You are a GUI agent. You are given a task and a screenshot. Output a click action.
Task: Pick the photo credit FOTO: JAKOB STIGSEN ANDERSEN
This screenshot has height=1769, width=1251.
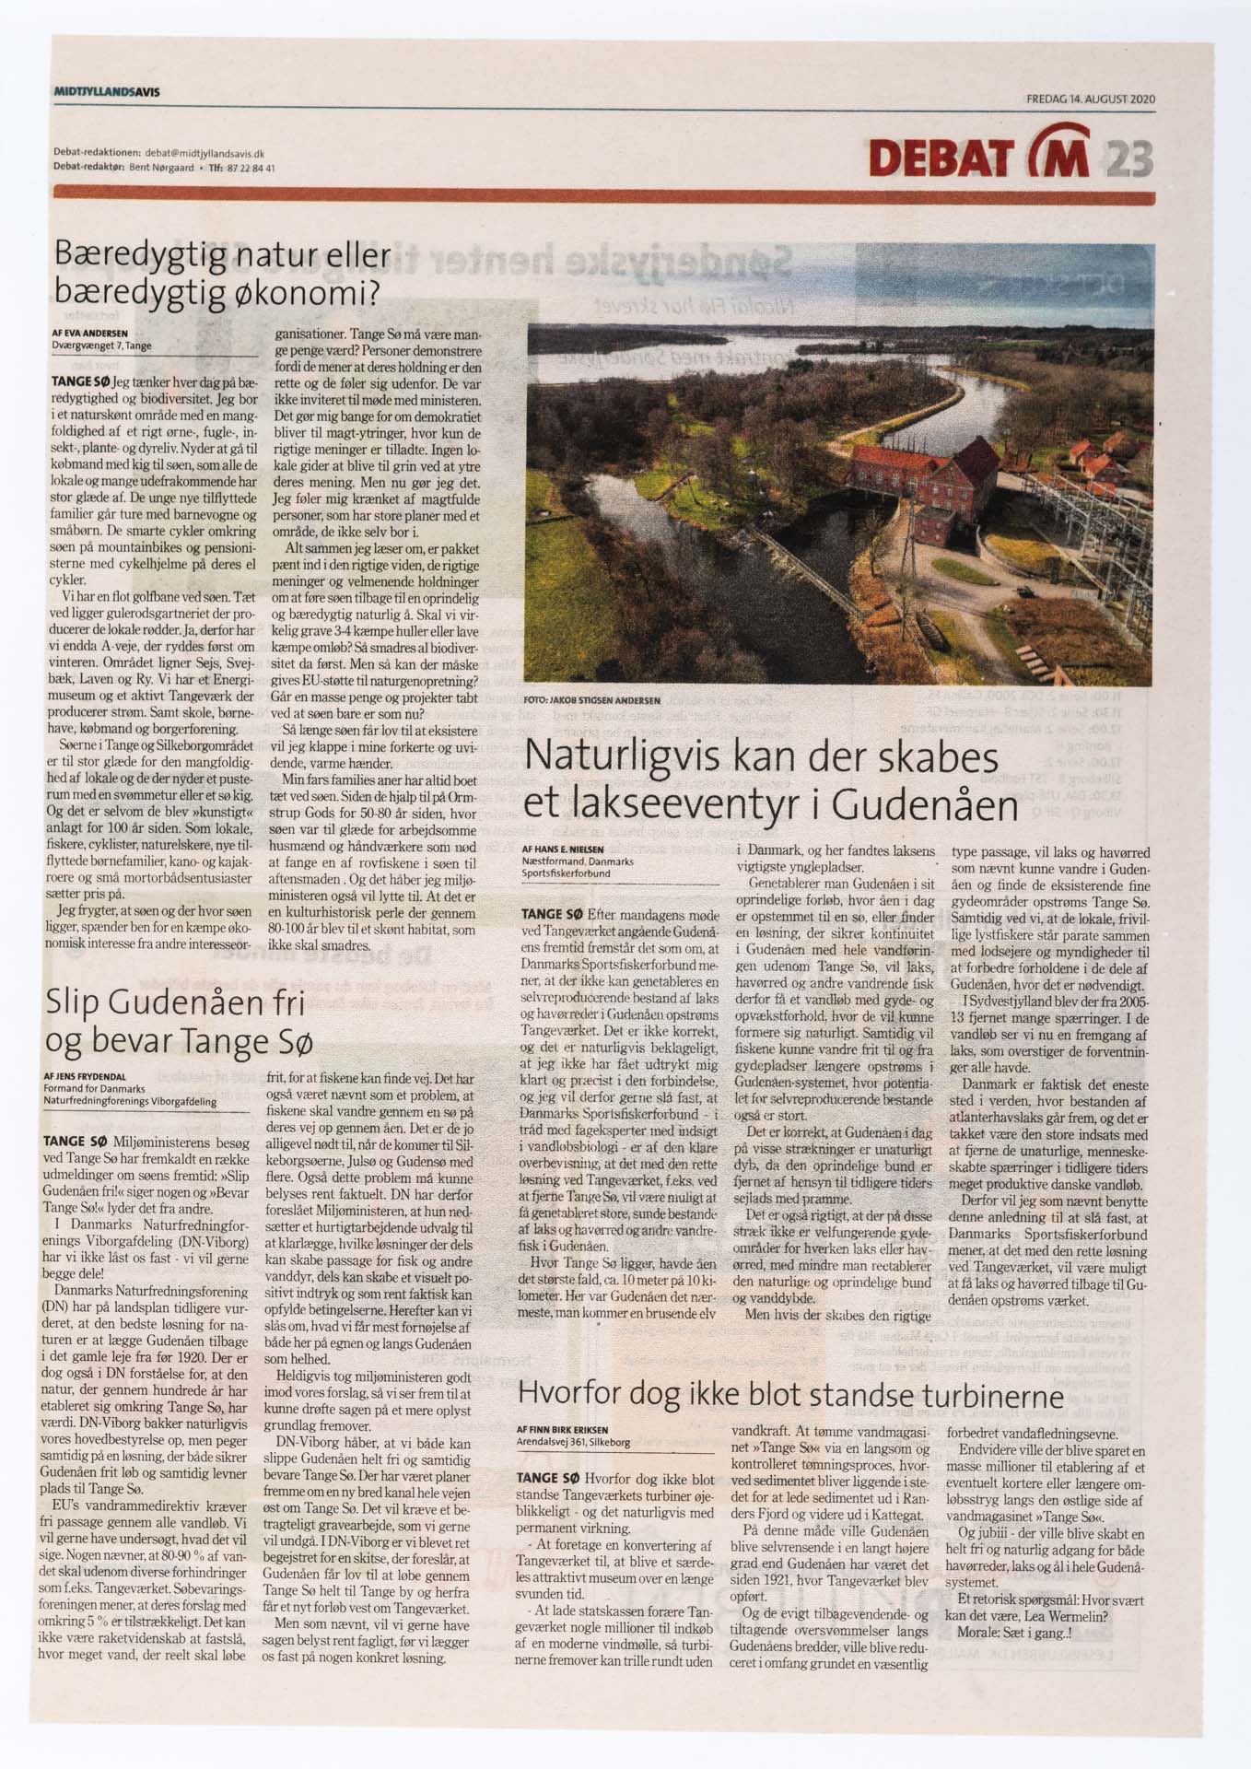591,699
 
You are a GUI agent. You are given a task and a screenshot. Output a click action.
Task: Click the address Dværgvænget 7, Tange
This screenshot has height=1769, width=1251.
101,346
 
